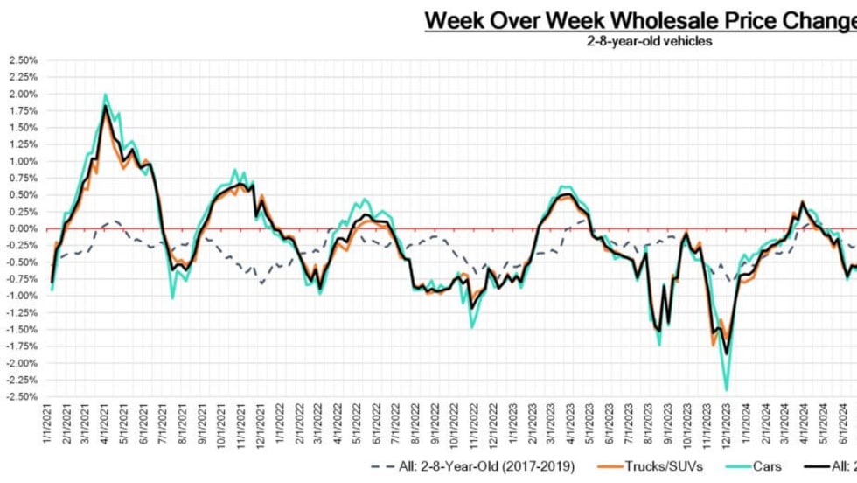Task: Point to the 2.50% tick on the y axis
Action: tap(22, 60)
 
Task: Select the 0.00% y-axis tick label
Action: tap(22, 228)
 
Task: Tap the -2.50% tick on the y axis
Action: tap(20, 396)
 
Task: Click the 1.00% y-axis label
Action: tap(22, 161)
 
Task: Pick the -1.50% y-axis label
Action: tap(20, 329)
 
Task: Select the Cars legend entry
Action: tap(765, 465)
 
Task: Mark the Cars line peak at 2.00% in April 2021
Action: tap(105, 94)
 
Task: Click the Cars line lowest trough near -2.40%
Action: tap(726, 389)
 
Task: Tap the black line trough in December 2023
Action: tap(726, 353)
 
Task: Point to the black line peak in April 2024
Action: tap(802, 201)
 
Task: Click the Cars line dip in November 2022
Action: tap(472, 327)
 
